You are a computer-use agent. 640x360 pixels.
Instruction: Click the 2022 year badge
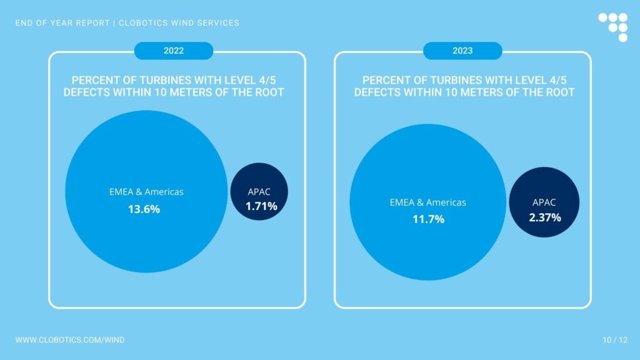pyautogui.click(x=174, y=51)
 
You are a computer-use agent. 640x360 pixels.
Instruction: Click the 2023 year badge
pyautogui.click(x=462, y=51)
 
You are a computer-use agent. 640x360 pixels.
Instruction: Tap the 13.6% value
pyautogui.click(x=144, y=209)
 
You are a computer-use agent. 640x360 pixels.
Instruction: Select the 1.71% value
pyautogui.click(x=261, y=206)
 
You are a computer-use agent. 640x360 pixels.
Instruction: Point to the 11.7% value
pyautogui.click(x=428, y=219)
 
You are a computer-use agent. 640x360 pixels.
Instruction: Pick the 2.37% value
pyautogui.click(x=545, y=217)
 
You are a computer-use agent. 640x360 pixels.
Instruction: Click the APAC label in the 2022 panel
pyautogui.click(x=259, y=191)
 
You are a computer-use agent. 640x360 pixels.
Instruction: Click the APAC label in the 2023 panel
pyautogui.click(x=544, y=202)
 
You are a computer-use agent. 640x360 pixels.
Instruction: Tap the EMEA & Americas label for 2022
pyautogui.click(x=146, y=191)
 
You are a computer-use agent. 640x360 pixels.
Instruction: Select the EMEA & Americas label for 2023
pyautogui.click(x=427, y=202)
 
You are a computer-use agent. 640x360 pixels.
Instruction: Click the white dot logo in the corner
pyautogui.click(x=614, y=27)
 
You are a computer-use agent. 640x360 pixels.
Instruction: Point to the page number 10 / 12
pyautogui.click(x=615, y=339)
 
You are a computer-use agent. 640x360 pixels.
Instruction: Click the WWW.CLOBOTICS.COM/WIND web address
pyautogui.click(x=70, y=339)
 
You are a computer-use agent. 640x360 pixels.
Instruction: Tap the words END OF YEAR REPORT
pyautogui.click(x=62, y=23)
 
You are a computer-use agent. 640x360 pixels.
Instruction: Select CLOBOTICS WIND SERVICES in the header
pyautogui.click(x=179, y=23)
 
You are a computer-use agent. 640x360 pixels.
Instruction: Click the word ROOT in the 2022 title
pyautogui.click(x=269, y=92)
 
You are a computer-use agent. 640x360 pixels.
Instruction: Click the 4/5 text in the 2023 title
pyautogui.click(x=557, y=80)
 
